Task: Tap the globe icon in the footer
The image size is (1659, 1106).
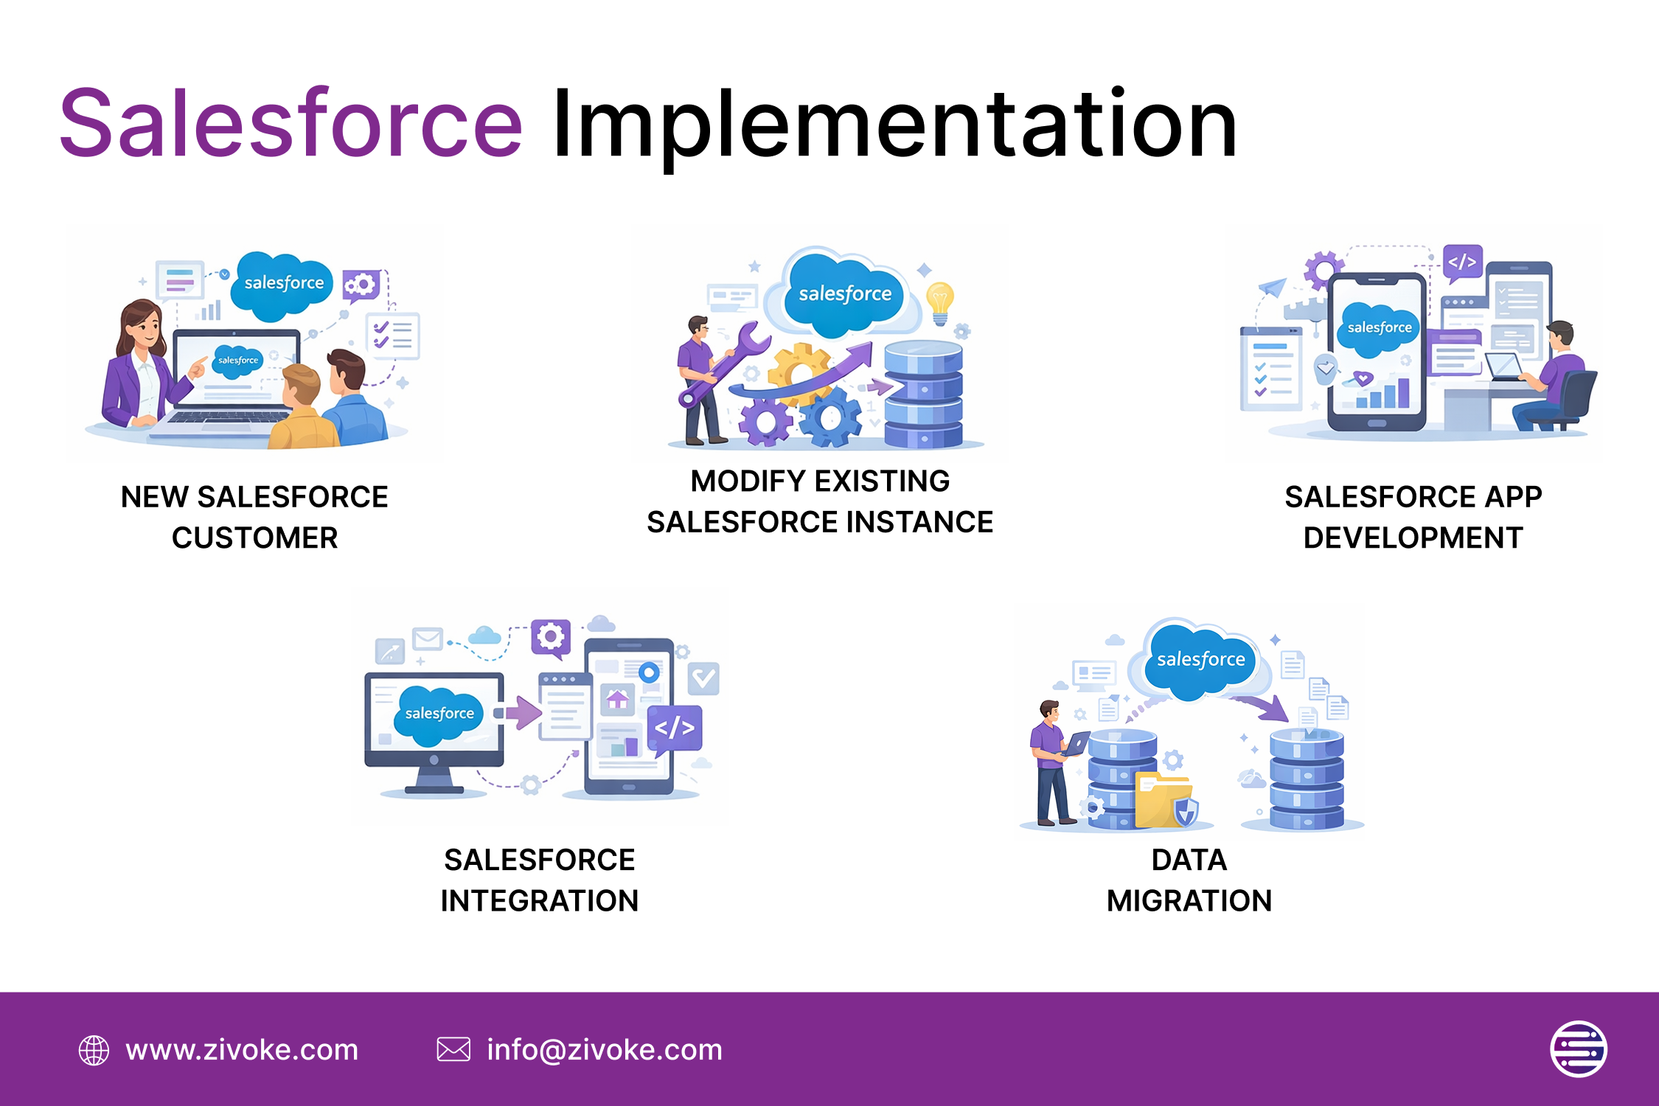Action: pos(94,1050)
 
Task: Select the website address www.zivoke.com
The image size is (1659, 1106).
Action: pos(242,1050)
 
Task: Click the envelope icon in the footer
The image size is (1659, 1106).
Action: pos(453,1049)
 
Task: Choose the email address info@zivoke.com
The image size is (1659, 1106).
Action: pos(605,1050)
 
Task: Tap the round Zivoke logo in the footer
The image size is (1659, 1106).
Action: pos(1579,1049)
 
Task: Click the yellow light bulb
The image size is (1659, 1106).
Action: pos(940,303)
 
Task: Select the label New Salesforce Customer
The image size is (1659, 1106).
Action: pos(254,517)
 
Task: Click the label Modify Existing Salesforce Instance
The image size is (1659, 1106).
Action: pos(820,501)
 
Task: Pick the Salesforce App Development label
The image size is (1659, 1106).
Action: pos(1413,517)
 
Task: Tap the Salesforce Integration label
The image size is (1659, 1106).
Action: pos(540,880)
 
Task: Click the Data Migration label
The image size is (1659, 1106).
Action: pos(1189,880)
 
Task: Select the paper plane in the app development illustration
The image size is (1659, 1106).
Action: pos(1273,287)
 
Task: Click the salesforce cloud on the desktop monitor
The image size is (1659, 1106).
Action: pos(439,714)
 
